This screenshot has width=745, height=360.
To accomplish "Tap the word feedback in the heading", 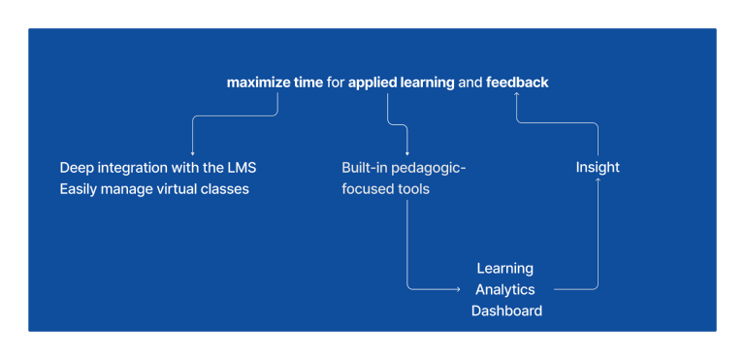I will (517, 82).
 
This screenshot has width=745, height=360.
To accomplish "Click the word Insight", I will (598, 167).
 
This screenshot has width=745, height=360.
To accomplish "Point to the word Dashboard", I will (506, 311).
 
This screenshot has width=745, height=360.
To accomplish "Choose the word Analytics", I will (504, 289).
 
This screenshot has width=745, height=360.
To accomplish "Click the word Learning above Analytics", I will (504, 268).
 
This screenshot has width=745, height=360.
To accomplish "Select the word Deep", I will (77, 167).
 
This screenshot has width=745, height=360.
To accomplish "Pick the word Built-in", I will (365, 167).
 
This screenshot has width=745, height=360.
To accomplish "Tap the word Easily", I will (80, 189).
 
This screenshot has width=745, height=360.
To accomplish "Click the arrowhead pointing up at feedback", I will (517, 95).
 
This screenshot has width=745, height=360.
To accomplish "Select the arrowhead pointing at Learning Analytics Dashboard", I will (457, 288).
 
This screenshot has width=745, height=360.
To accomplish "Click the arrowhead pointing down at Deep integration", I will (192, 152).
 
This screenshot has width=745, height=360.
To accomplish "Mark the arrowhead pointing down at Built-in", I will (406, 152).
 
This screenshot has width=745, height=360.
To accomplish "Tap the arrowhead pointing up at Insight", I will (598, 180).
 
